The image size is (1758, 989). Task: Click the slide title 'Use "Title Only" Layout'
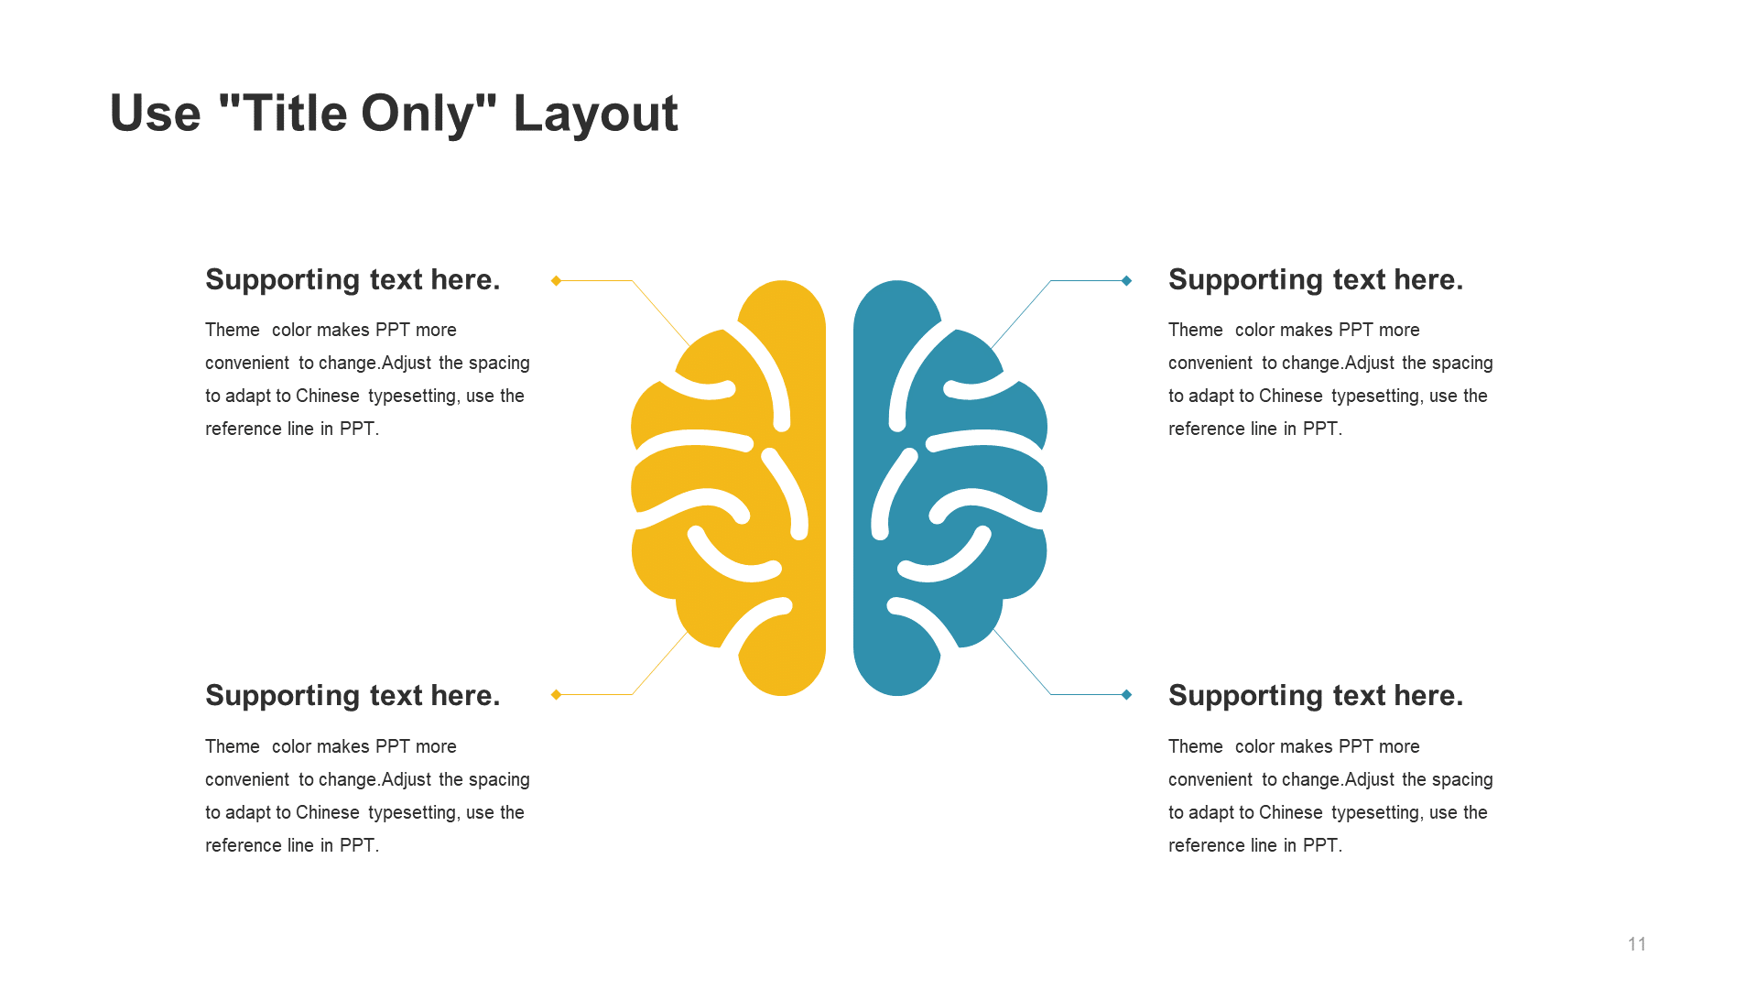394,114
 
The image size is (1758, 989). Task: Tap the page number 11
1637,944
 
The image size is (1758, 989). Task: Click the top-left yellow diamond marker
556,280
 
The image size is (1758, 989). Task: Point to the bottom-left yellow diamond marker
556,694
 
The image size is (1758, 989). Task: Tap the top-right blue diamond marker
1126,280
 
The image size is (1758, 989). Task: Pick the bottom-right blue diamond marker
1126,694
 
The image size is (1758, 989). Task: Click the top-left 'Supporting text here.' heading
353,279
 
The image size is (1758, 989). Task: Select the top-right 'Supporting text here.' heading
1316,279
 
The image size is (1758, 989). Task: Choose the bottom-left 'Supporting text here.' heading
353,695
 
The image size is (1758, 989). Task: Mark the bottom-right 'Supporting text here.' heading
1316,695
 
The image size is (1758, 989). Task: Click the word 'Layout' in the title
595,114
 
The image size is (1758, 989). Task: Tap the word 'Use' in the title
155,114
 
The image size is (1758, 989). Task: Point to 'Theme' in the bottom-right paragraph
1195,746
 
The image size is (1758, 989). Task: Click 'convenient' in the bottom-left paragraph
247,779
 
